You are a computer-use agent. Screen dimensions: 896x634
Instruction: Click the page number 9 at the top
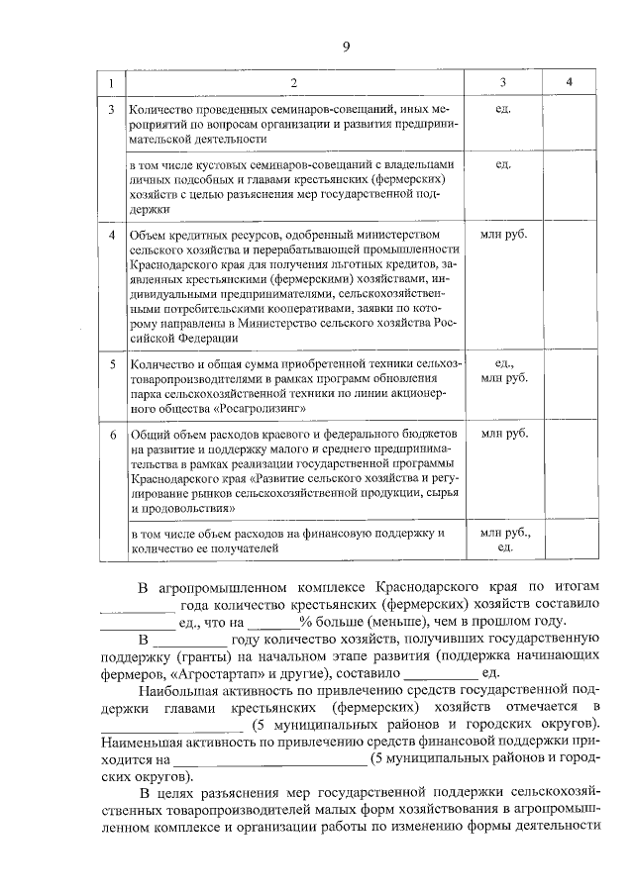pyautogui.click(x=347, y=45)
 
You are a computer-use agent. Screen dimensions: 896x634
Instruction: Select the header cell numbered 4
pyautogui.click(x=569, y=80)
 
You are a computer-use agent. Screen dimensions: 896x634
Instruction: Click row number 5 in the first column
pyautogui.click(x=112, y=365)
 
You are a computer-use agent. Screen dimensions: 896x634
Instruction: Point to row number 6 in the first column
pyautogui.click(x=112, y=435)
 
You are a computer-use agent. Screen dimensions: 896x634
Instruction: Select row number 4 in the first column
pyautogui.click(x=112, y=234)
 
